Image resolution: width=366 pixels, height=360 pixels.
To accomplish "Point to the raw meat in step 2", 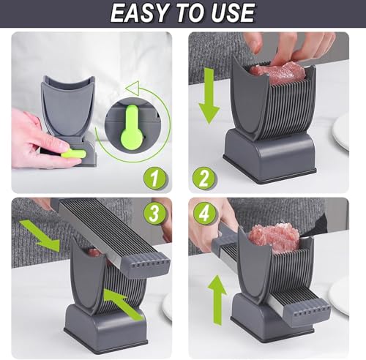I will point(276,72).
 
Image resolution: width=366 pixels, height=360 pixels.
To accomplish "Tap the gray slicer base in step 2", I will point(270,157).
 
